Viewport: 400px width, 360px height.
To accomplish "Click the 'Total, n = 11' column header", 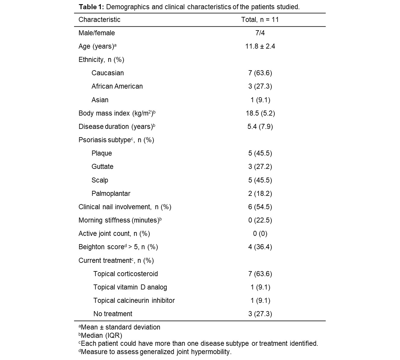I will (260, 20).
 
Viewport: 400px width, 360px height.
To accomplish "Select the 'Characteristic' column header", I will (99, 20).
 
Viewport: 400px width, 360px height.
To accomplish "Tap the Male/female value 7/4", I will (260, 33).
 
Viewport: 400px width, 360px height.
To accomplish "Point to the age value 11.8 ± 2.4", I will (260, 46).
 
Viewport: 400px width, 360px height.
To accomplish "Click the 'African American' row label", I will (117, 86).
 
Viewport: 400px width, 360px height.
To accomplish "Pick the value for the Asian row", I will (260, 100).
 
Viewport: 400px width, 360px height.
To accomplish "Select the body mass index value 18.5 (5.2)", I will (260, 113).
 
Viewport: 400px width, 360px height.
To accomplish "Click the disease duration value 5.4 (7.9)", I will (260, 127).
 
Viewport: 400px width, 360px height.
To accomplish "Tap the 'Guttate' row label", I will (102, 167).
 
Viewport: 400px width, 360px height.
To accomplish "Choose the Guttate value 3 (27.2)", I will (260, 167).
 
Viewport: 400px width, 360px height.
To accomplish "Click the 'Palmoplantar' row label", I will (111, 193).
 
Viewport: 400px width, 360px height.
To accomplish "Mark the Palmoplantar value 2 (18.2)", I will (260, 193).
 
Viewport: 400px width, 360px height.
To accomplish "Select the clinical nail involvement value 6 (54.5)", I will (260, 207).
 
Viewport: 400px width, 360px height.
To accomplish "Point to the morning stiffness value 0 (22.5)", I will (260, 220).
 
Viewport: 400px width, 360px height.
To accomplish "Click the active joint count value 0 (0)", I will (260, 233).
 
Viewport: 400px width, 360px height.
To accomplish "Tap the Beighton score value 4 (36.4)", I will (260, 247).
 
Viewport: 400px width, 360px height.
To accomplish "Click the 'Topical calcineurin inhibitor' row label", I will (134, 300).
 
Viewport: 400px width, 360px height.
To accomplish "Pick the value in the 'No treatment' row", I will (260, 314).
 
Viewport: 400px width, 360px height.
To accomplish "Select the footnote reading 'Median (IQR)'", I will (101, 335).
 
